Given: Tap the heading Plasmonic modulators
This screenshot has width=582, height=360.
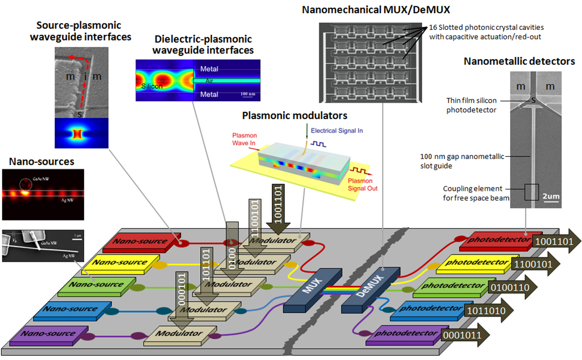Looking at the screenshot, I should point(295,115).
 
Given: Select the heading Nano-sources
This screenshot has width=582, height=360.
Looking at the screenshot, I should point(41,162).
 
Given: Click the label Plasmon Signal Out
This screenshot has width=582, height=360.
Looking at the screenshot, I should point(363,184).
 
